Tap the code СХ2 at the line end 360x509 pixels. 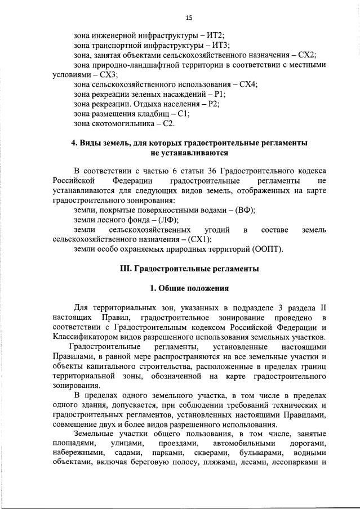pyautogui.click(x=306, y=55)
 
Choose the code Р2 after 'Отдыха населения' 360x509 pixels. pyautogui.click(x=212, y=104)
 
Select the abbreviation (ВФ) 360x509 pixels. pyautogui.click(x=245, y=209)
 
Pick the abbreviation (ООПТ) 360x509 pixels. pyautogui.click(x=268, y=249)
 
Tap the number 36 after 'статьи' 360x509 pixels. pyautogui.click(x=213, y=170)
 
